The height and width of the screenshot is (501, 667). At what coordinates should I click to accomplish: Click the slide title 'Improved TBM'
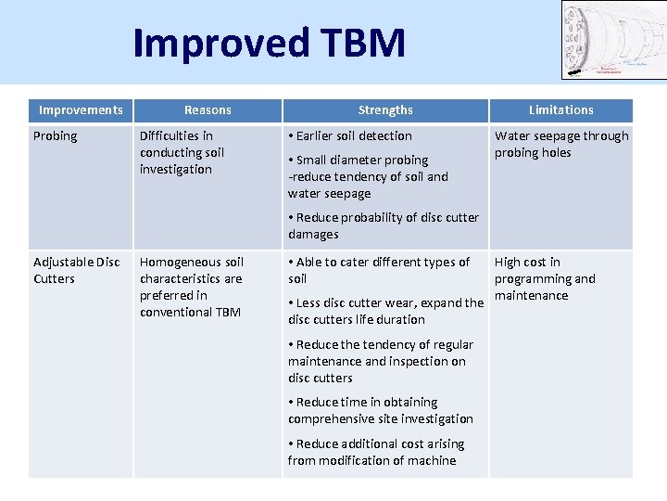click(x=269, y=43)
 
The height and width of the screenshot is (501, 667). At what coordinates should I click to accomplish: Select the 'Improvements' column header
click(x=81, y=110)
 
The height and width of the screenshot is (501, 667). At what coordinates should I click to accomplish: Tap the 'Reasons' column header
click(x=208, y=110)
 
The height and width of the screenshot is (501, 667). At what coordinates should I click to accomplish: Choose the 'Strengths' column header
click(x=385, y=110)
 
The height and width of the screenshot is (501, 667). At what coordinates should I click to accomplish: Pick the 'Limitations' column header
click(x=560, y=110)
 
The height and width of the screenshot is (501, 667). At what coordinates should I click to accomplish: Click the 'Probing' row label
click(x=56, y=136)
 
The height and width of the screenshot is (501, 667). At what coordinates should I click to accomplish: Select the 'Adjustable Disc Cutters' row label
click(x=77, y=270)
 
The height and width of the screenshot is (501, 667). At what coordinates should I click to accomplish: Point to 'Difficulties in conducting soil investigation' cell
click(x=182, y=152)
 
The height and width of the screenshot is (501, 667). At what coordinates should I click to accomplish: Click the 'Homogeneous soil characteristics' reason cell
click(x=191, y=287)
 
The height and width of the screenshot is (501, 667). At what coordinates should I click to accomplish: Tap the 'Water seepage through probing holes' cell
click(x=560, y=144)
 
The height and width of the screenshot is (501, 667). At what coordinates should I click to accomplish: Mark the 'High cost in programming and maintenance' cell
click(x=545, y=278)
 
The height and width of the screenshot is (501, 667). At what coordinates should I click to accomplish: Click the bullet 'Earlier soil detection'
click(x=352, y=136)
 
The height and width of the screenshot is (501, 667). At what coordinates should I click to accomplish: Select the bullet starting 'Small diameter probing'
click(x=368, y=176)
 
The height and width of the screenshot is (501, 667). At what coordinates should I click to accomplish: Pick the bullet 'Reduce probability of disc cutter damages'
click(x=384, y=225)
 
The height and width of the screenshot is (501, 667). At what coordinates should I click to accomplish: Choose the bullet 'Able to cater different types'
click(x=379, y=270)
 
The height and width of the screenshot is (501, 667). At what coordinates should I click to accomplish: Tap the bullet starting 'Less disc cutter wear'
click(x=384, y=311)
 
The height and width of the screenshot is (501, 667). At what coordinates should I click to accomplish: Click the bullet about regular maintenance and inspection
click(x=380, y=361)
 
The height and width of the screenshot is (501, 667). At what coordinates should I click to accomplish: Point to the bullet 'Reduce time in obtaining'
click(x=380, y=410)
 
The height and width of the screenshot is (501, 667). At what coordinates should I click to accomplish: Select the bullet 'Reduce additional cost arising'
click(x=376, y=452)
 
